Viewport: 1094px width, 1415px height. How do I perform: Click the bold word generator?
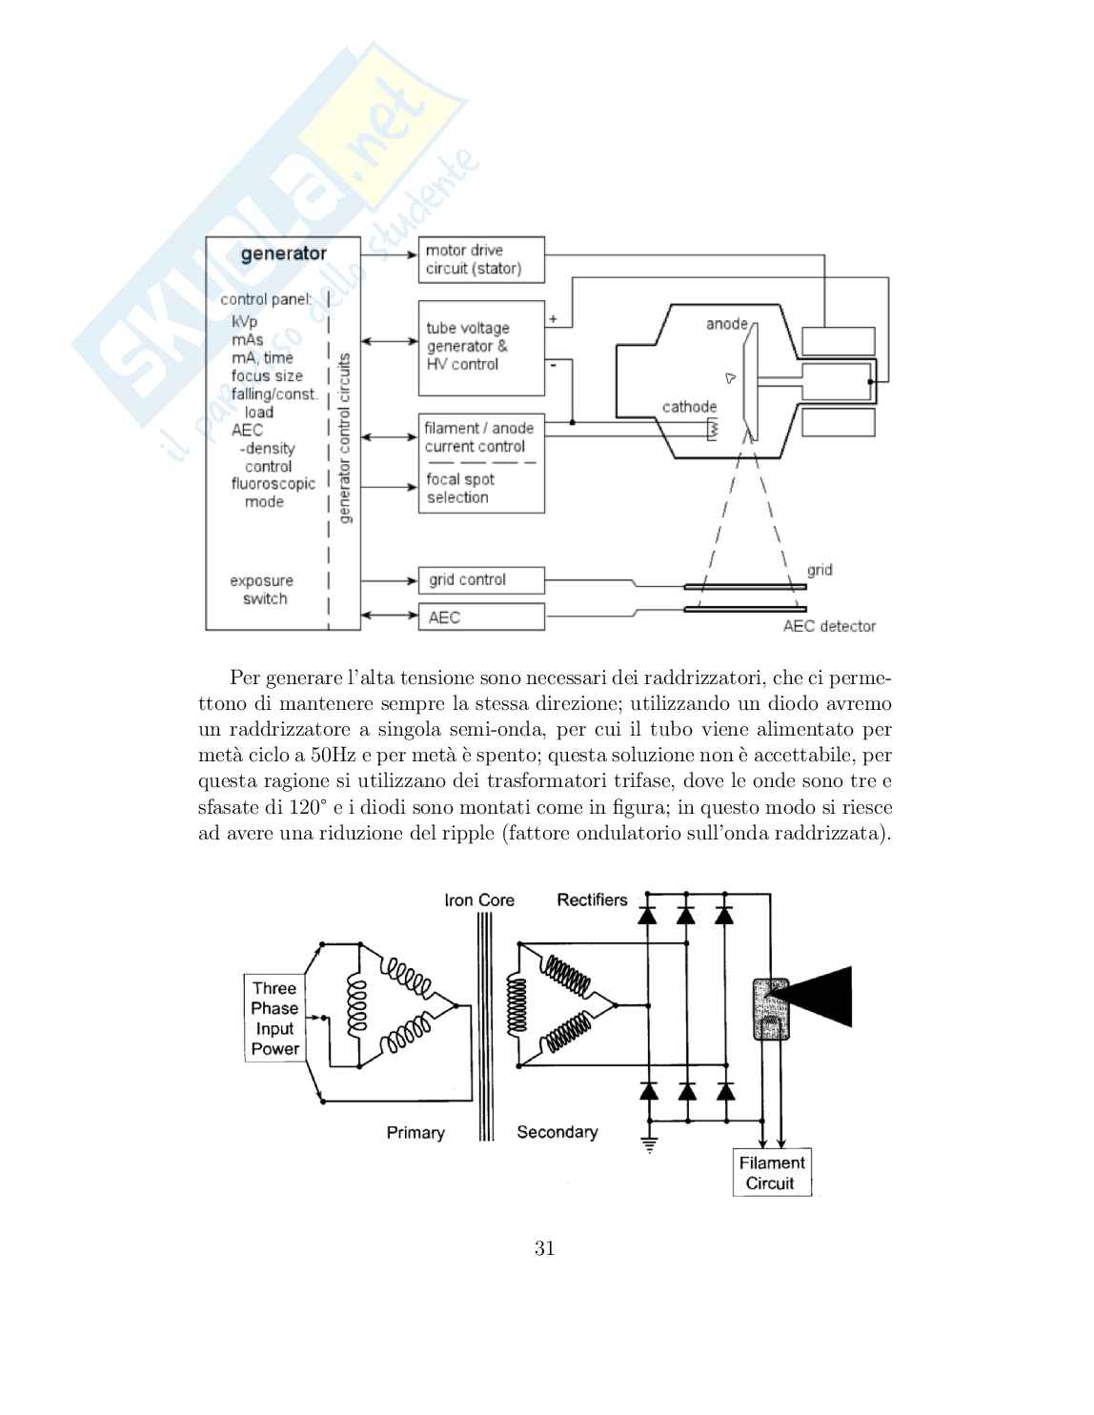point(283,254)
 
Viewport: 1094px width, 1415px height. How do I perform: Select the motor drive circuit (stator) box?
point(481,259)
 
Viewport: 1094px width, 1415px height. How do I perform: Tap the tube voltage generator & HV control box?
point(481,347)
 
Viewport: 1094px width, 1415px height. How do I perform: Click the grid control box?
point(481,579)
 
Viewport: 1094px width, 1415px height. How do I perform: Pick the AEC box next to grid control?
point(481,617)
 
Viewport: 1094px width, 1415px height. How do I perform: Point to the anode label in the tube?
point(726,324)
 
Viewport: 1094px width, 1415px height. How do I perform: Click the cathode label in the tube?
point(689,407)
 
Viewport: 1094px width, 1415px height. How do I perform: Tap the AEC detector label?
point(829,626)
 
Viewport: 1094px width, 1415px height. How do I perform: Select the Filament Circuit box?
point(771,1173)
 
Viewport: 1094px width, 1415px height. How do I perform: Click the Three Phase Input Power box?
point(275,1019)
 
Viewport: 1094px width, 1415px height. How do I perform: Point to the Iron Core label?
point(479,900)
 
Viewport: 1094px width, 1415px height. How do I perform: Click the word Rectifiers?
point(592,900)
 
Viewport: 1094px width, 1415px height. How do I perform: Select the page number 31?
point(545,1248)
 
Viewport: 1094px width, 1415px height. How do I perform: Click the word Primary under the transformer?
point(415,1132)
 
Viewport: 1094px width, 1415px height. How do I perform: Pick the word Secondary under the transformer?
point(557,1132)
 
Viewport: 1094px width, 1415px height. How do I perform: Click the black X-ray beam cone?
point(820,996)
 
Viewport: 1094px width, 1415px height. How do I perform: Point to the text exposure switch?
point(262,590)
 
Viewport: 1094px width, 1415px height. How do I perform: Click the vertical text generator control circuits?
point(345,437)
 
